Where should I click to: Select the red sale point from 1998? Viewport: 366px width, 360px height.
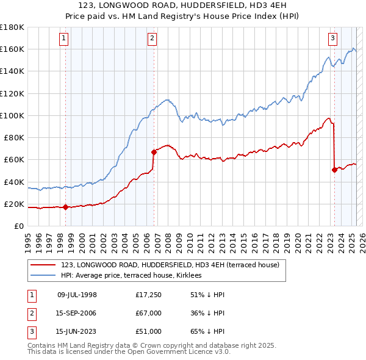point(65,207)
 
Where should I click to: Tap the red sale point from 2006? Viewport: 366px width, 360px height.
point(153,152)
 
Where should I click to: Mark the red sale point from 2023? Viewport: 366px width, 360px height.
point(334,170)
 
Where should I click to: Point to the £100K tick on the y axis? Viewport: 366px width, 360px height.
point(12,115)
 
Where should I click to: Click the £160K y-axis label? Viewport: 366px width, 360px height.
point(12,49)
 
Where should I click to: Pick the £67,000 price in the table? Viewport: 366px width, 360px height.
point(148,314)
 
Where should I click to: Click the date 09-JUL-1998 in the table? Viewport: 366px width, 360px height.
point(77,295)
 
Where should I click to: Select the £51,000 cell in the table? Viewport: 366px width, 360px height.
point(148,333)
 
